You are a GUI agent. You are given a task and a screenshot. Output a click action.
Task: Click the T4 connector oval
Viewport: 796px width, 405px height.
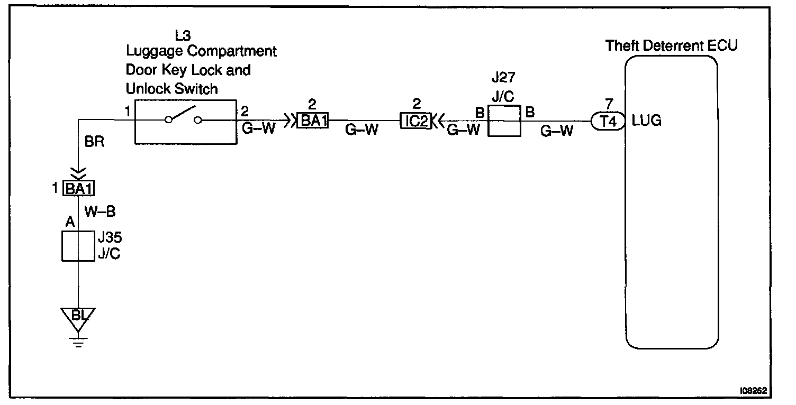(x=605, y=121)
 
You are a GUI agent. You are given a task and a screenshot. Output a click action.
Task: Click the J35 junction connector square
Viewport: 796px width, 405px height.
(x=78, y=245)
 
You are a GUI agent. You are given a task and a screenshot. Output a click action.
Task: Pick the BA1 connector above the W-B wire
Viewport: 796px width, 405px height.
(x=79, y=188)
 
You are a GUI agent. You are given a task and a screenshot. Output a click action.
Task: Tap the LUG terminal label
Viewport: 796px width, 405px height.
(x=646, y=121)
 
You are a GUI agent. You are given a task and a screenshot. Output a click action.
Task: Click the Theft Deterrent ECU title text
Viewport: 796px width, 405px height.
(x=671, y=45)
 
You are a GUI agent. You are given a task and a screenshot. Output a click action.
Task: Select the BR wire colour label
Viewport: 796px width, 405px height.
(x=95, y=142)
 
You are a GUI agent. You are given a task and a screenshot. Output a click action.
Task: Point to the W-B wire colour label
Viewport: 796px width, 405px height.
(x=100, y=211)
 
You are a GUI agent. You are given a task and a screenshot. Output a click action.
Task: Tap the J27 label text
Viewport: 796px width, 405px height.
(x=502, y=78)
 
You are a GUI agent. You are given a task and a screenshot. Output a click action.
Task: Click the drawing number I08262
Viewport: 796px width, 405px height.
(x=753, y=391)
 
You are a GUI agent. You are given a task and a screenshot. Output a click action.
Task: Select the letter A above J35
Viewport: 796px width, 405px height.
(x=69, y=223)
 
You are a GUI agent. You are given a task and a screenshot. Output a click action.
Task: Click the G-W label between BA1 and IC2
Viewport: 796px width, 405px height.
(x=362, y=130)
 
